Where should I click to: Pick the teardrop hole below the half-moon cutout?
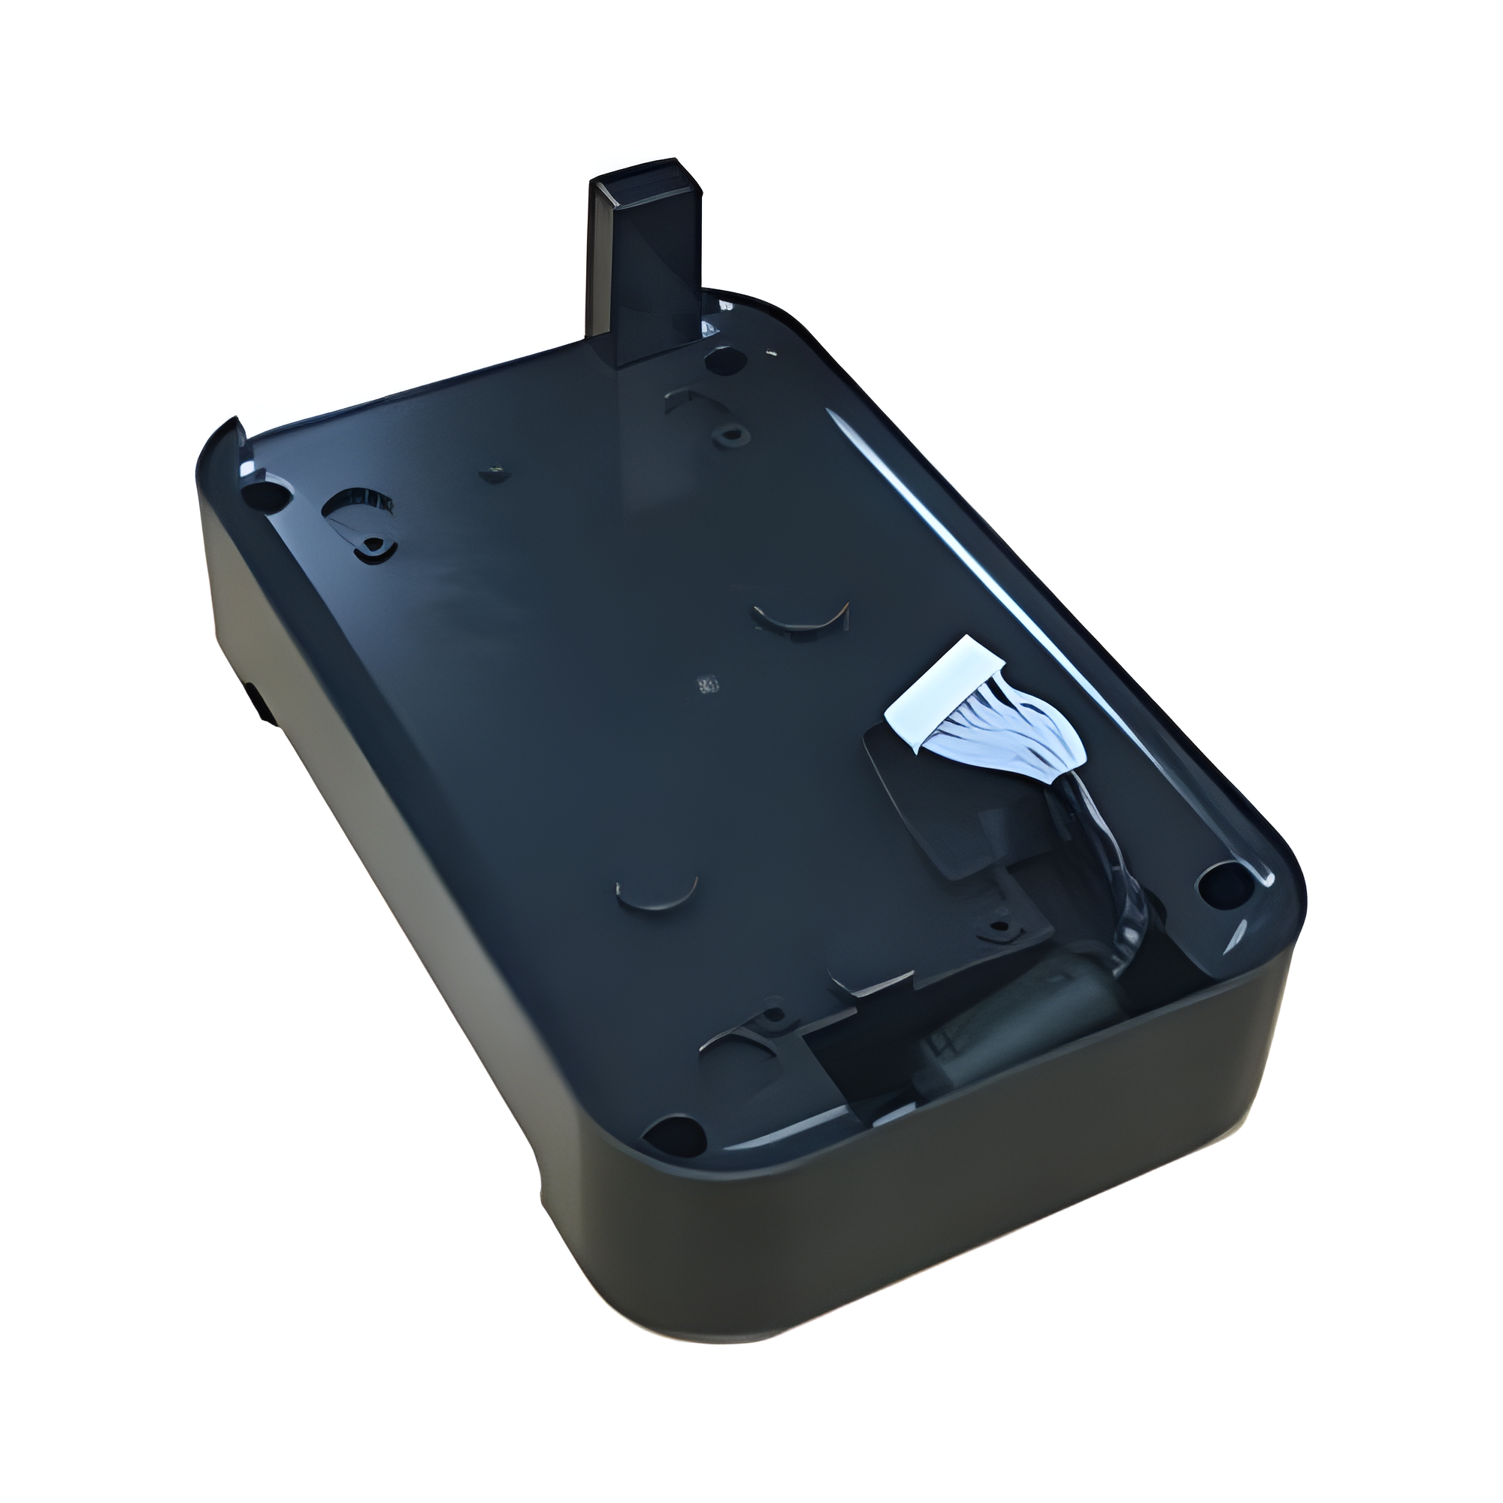pos(372,547)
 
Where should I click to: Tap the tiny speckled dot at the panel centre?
pos(708,685)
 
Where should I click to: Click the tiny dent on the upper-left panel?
pos(491,471)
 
